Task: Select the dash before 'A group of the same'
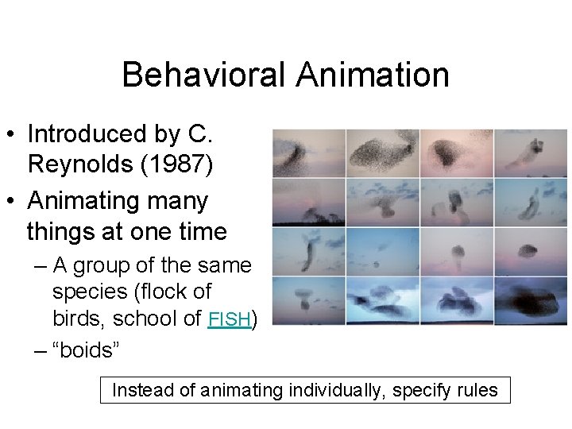[x=39, y=265]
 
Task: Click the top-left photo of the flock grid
[x=308, y=153]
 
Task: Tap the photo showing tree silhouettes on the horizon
[x=308, y=203]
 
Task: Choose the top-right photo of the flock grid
[x=531, y=153]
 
